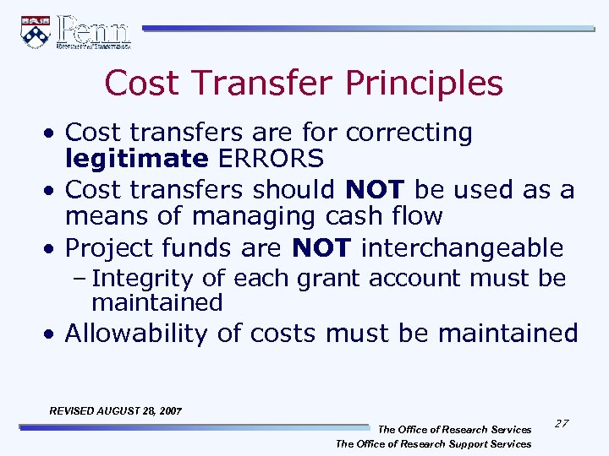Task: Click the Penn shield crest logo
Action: (36, 32)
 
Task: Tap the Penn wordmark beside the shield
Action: (94, 31)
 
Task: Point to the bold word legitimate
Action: (136, 158)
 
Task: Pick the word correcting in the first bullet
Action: (409, 133)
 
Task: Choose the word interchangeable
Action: (462, 248)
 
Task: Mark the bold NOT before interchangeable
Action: (321, 248)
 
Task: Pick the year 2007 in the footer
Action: (169, 410)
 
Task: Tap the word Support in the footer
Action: (456, 443)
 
